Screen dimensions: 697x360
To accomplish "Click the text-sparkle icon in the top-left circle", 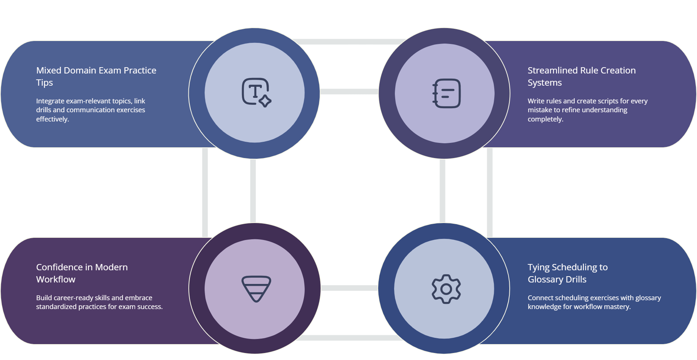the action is (x=256, y=93).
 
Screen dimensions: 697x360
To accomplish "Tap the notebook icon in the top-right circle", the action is (x=446, y=93).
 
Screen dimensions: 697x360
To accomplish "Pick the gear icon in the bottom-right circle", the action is (x=446, y=289).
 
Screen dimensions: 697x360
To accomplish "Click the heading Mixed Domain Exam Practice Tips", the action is (x=96, y=76).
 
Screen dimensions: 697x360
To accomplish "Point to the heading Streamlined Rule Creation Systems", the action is (x=581, y=76).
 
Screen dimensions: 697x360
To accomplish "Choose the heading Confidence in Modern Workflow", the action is (x=82, y=273).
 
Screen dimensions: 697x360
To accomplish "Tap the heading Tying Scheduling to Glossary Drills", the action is (x=567, y=273).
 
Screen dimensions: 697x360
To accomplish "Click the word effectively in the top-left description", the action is (x=52, y=119).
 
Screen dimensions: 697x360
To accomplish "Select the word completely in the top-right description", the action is (x=545, y=119).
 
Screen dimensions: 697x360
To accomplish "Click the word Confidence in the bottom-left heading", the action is (x=59, y=267).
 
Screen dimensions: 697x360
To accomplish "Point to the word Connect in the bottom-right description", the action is (x=540, y=298).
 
